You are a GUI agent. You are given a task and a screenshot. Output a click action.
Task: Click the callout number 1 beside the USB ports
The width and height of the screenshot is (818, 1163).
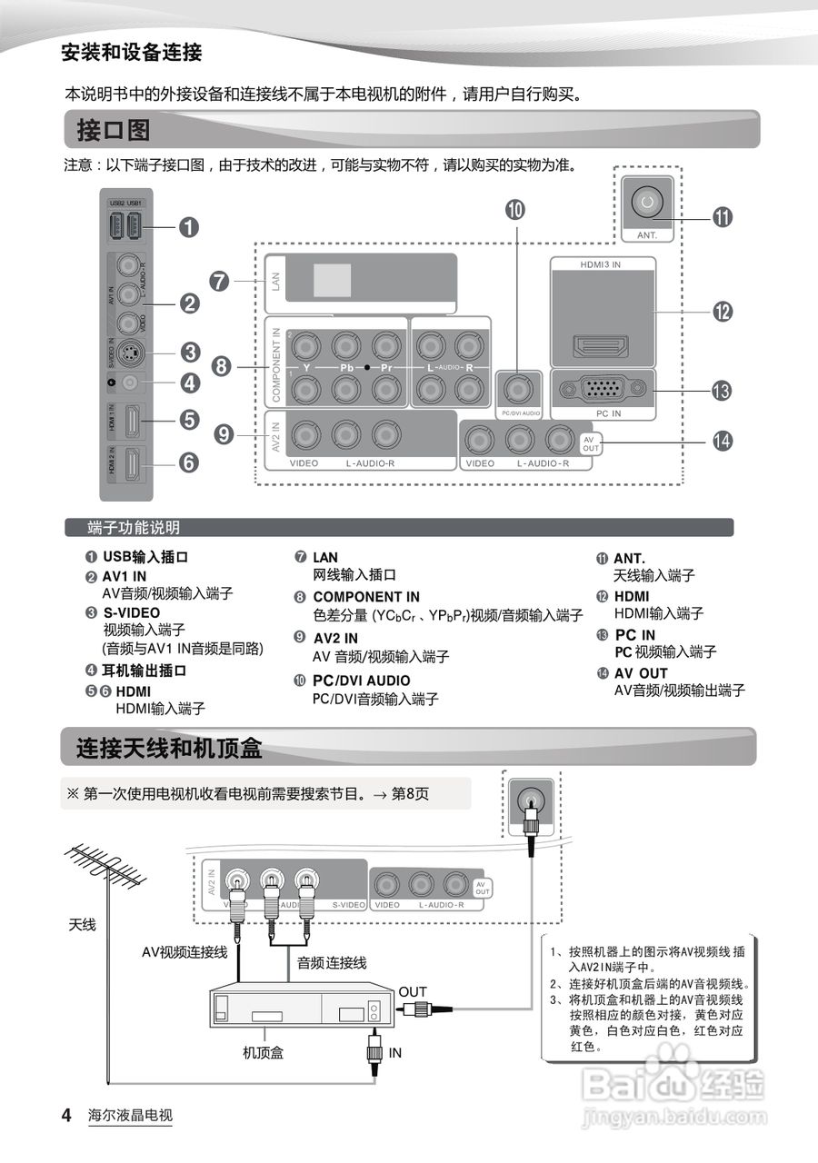[x=188, y=227]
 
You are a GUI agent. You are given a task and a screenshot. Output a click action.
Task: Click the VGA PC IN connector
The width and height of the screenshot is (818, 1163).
[x=603, y=389]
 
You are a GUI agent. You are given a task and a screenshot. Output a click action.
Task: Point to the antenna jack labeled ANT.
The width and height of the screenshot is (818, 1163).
[x=646, y=203]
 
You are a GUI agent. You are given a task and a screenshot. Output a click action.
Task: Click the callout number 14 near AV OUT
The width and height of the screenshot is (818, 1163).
[x=723, y=441]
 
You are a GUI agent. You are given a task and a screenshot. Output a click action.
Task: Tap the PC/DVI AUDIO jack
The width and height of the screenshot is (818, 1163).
[x=519, y=390]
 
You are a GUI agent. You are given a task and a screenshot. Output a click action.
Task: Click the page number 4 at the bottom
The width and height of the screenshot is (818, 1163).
[x=65, y=1115]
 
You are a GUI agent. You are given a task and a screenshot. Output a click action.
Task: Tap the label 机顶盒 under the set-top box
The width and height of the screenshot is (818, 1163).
[x=264, y=1052]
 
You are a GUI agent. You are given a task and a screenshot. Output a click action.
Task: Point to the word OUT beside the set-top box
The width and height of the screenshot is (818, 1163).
[x=412, y=991]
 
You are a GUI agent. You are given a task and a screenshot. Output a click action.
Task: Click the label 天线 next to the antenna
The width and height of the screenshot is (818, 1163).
[x=82, y=925]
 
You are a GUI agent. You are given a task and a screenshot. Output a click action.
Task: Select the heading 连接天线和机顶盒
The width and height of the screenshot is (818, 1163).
[x=169, y=749]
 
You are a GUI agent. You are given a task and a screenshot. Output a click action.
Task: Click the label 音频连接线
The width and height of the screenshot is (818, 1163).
[x=333, y=962]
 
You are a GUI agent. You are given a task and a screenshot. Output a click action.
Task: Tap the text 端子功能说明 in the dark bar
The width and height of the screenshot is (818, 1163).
[x=134, y=528]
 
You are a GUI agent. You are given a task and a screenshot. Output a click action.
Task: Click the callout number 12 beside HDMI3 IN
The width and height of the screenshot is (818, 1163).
[x=723, y=312]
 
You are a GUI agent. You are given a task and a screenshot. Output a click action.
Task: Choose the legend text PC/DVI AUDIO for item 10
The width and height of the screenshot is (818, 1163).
[x=361, y=681]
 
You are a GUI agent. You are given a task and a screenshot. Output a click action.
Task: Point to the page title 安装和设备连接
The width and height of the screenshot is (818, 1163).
[x=131, y=52]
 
